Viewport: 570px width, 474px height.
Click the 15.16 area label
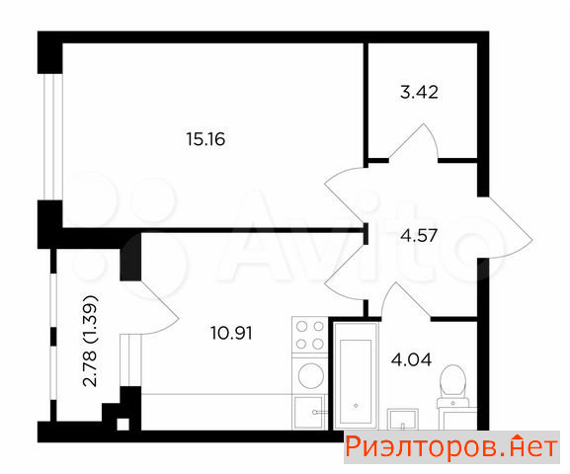point(205,139)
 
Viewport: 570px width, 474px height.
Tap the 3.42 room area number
point(419,92)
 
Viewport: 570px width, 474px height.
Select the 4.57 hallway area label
point(419,236)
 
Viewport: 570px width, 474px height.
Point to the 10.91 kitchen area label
point(231,333)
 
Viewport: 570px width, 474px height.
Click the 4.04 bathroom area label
point(411,359)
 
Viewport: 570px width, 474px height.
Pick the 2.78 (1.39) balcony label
point(90,341)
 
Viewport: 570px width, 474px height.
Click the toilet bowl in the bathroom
point(452,381)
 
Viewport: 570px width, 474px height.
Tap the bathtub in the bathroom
point(356,375)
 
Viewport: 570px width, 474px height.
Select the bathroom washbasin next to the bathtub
point(402,419)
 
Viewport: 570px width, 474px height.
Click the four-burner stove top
point(310,335)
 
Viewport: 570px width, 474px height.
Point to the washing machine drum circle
point(311,375)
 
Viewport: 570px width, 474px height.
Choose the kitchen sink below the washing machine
point(308,413)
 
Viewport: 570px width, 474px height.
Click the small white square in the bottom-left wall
point(122,425)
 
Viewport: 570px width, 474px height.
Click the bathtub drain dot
point(356,405)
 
